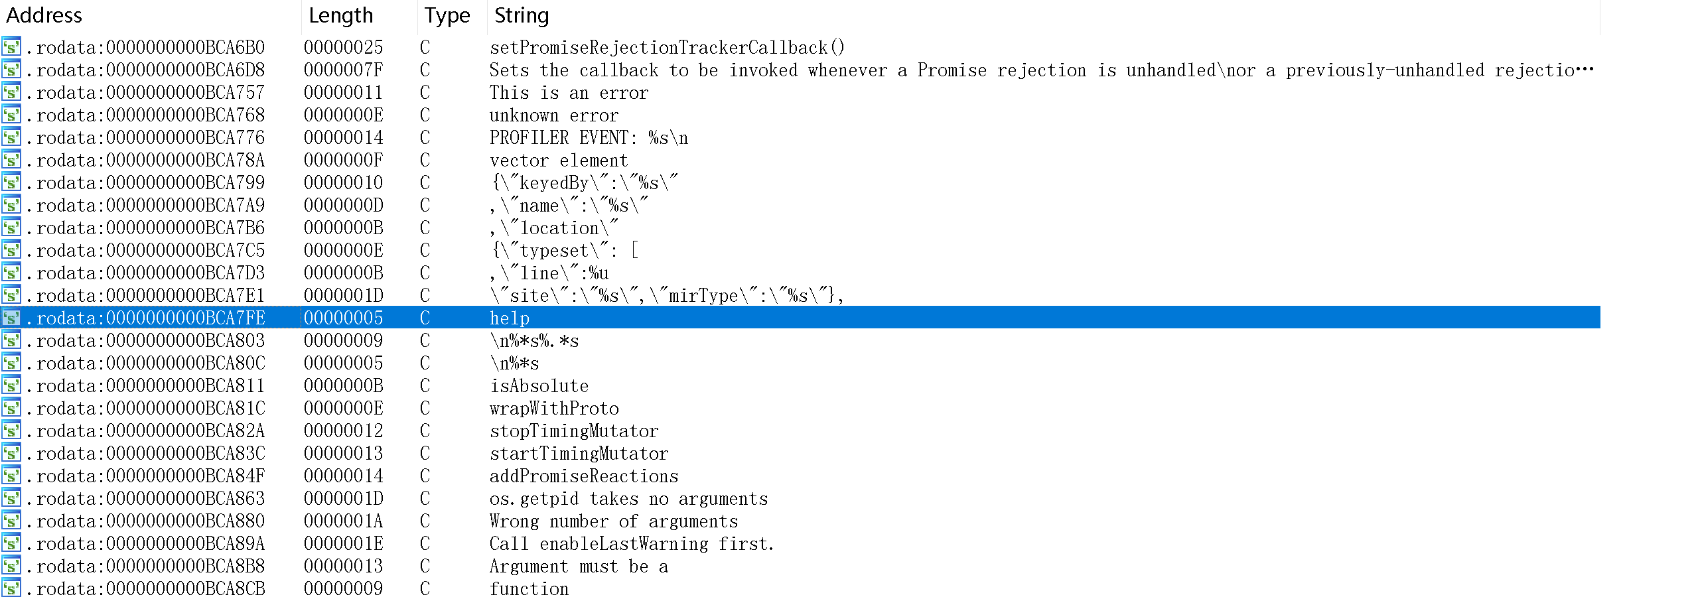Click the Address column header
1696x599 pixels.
pos(44,15)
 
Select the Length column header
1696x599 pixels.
pos(340,15)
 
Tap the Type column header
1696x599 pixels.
pos(447,15)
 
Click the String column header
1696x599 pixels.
pos(522,15)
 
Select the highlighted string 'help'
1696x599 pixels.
pos(510,318)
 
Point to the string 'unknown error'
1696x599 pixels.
pos(554,115)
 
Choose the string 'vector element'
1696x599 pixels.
pos(559,161)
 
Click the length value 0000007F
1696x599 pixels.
pos(343,70)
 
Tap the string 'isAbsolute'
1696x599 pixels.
pos(539,386)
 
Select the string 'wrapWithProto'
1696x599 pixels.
pos(554,409)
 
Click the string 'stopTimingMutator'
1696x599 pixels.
pos(574,431)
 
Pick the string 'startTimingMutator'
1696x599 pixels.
pos(579,454)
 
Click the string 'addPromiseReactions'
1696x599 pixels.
pos(584,476)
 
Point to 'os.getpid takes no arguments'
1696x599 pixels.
pos(628,499)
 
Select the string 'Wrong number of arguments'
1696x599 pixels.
pos(614,521)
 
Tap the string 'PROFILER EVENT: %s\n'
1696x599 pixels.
pos(589,138)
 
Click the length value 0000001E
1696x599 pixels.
pos(343,544)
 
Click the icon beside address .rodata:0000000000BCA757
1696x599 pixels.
pos(11,92)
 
